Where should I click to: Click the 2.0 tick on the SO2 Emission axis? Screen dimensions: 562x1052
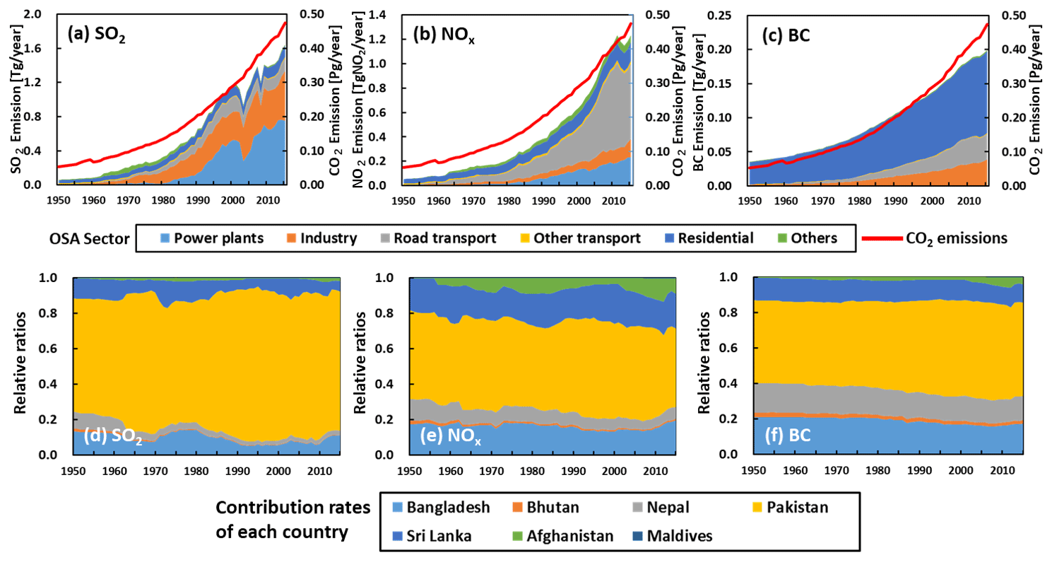pos(35,14)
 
